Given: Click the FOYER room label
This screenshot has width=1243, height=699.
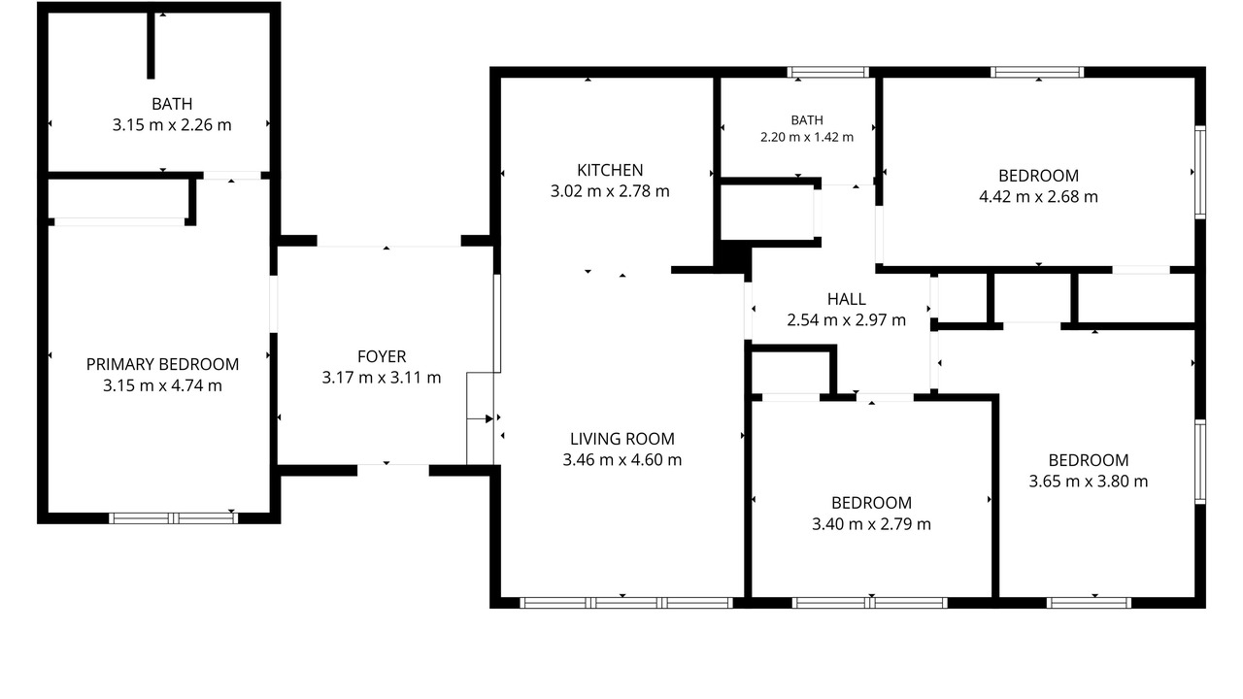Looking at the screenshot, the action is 382,356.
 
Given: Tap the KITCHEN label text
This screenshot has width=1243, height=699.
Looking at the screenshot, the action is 610,170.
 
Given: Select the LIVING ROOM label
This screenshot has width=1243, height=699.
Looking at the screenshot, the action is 622,439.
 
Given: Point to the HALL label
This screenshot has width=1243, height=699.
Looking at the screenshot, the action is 846,299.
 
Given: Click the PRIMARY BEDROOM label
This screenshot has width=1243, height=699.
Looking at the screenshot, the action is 162,364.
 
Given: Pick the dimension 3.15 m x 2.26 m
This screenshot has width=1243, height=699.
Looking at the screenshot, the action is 172,125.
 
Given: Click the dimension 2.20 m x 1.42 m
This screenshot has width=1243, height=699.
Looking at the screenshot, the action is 807,137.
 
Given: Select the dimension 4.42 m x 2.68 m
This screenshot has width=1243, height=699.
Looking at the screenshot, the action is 1038,196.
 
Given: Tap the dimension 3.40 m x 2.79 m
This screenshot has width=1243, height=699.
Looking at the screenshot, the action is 871,523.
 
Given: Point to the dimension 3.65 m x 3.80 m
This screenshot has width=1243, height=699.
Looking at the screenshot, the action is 1089,481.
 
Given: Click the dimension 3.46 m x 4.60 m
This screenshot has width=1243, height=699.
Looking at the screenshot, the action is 622,460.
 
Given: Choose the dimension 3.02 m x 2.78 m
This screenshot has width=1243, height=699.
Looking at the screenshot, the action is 610,191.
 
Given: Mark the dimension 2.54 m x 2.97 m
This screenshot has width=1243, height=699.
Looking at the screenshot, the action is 846,320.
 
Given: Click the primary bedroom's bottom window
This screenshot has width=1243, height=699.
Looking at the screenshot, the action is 173,518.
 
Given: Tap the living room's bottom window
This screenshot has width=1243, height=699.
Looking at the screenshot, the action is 626,603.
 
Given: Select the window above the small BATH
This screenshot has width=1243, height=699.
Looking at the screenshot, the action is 828,72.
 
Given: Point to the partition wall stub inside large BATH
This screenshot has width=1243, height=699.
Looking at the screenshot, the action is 151,45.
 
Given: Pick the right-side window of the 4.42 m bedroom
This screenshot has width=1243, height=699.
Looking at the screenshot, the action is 1200,172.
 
